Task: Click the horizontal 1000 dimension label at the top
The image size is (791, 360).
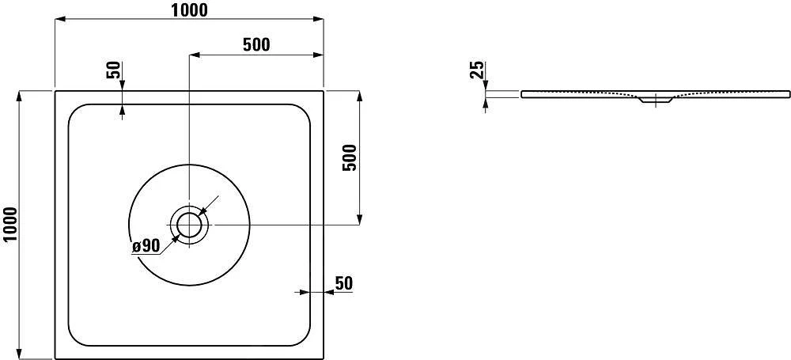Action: [188, 9]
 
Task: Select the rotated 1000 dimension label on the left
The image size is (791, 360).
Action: [10, 224]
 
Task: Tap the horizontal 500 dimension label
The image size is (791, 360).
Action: [255, 45]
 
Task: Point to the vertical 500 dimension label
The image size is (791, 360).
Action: [352, 157]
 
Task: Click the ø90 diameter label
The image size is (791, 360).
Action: [146, 246]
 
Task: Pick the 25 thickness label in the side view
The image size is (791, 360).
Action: [476, 70]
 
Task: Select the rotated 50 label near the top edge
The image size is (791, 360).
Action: [112, 70]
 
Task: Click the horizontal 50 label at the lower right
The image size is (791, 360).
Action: [343, 282]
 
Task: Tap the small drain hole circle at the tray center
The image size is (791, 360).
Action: [189, 225]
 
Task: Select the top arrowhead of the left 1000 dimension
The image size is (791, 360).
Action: [20, 96]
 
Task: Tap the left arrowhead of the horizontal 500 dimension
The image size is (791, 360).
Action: [194, 55]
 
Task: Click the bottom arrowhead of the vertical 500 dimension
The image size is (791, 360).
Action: [361, 221]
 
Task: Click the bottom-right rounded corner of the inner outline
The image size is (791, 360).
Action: [301, 339]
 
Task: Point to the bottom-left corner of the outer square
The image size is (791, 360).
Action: [55, 358]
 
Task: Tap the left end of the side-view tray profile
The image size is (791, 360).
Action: [522, 94]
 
